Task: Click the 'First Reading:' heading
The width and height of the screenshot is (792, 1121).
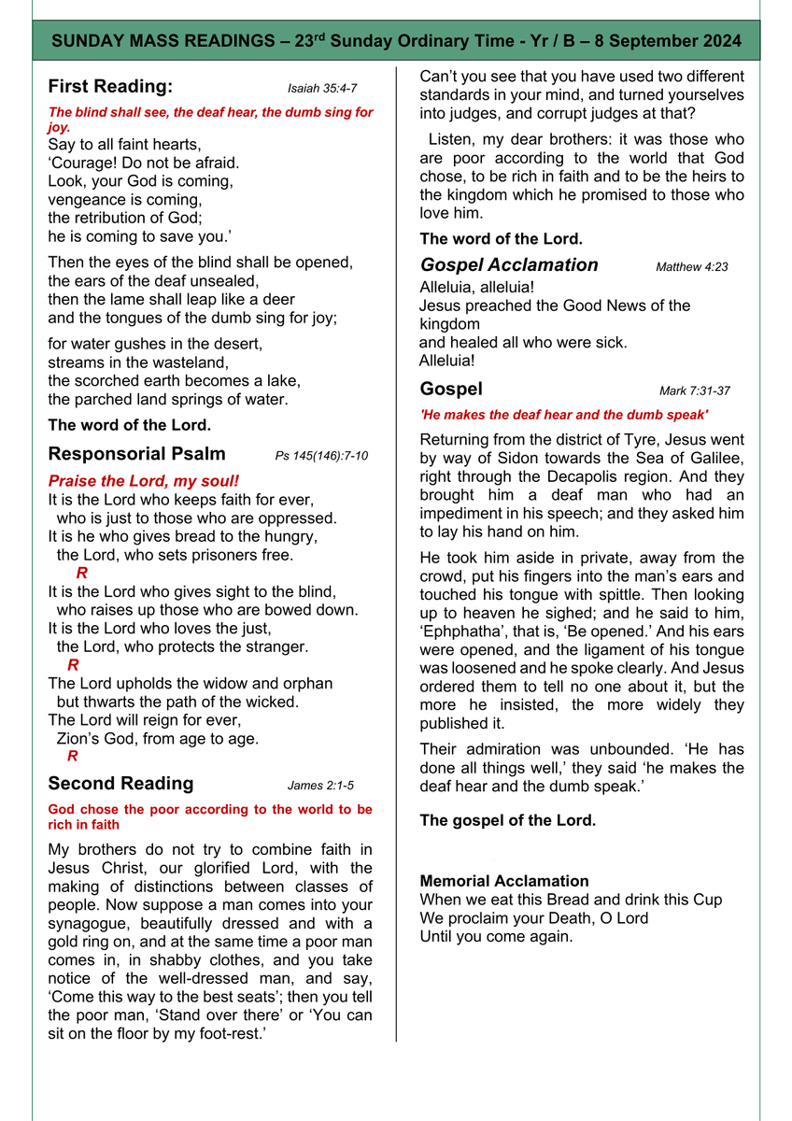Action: (110, 87)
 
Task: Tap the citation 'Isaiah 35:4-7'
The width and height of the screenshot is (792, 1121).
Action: (322, 89)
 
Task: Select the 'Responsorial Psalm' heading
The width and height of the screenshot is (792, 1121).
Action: (136, 454)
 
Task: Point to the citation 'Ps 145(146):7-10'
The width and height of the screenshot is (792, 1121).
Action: (321, 456)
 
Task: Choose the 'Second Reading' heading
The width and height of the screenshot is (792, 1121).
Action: (120, 784)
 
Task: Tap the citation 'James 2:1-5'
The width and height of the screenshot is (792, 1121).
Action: (320, 786)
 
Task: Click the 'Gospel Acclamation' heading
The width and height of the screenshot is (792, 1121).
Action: (509, 265)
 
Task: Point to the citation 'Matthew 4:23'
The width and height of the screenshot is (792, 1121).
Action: (692, 267)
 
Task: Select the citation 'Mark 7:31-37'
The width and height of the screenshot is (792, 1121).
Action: (695, 390)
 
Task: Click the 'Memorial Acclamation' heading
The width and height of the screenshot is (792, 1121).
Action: (504, 881)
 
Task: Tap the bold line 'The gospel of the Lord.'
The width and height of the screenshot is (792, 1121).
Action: (508, 821)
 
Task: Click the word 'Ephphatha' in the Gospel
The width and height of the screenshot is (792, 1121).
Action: (461, 631)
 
